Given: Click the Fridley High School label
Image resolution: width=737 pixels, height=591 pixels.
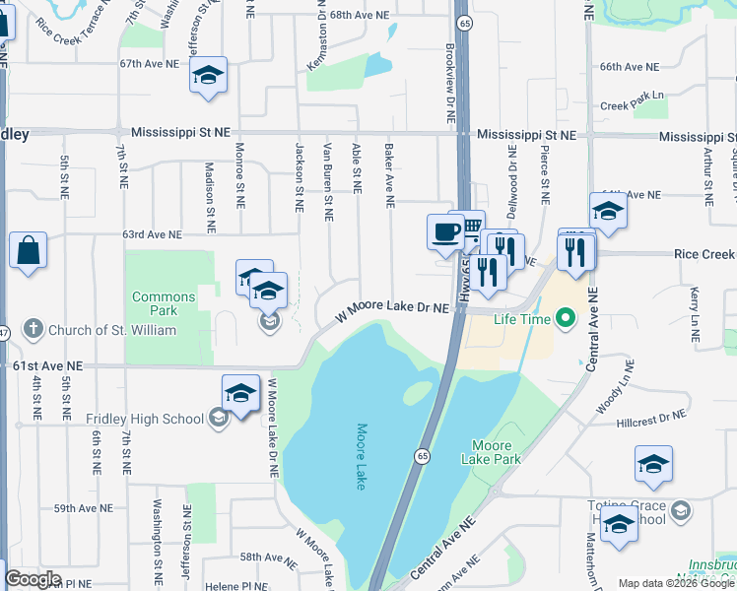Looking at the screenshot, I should (x=145, y=419).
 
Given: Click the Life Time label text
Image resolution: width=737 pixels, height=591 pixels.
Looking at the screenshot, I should (x=521, y=319).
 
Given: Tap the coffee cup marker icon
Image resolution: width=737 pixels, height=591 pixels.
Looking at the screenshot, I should (x=445, y=231).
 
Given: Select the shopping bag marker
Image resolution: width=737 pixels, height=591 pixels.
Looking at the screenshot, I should (x=29, y=250).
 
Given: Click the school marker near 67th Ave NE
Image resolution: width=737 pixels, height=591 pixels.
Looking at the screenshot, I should (x=209, y=75).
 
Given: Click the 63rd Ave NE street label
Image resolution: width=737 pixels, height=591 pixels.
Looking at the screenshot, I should (x=152, y=234).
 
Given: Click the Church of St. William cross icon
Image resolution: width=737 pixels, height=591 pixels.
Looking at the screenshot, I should (x=33, y=329).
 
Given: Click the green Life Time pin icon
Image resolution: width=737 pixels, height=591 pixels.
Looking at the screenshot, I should (x=565, y=318).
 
